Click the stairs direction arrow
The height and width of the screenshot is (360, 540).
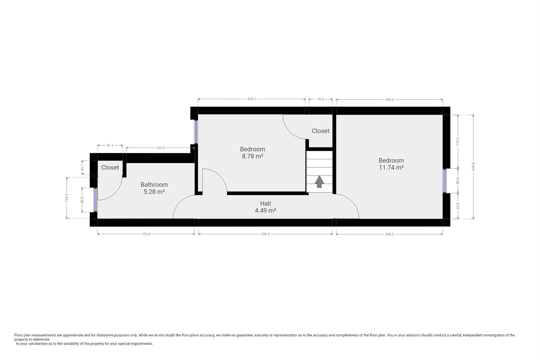(319, 182)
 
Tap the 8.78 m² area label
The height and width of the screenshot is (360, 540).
(252, 156)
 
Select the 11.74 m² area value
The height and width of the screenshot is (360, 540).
(391, 167)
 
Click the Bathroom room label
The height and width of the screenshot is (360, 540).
(154, 185)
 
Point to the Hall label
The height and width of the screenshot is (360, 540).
(265, 204)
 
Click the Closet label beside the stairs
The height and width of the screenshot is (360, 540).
(320, 131)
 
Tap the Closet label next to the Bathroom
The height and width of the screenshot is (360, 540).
(110, 168)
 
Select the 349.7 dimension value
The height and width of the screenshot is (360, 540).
(251, 99)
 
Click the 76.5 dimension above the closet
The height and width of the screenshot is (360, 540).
(321, 99)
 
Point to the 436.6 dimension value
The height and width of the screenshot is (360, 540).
(265, 234)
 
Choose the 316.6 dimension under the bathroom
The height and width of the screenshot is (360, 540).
(146, 234)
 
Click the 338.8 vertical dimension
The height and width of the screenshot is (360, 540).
(473, 167)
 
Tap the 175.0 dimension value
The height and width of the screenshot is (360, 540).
(458, 141)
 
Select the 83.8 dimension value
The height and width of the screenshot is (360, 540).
(458, 206)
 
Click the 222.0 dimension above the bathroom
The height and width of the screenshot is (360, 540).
(160, 148)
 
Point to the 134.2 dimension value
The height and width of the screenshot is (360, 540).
(67, 198)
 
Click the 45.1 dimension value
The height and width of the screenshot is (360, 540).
(82, 168)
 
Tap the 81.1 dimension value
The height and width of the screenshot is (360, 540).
(110, 145)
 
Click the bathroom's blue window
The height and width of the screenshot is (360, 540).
(95, 200)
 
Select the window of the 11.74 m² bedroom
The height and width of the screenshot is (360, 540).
(445, 181)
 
